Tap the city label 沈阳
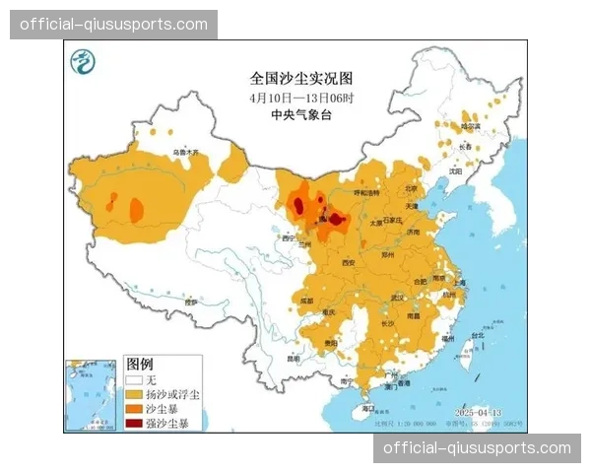pos(454,170)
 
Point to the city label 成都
pos(306,301)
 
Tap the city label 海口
pos(368,406)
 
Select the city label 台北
pos(478,335)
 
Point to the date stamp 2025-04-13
pos(480,411)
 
